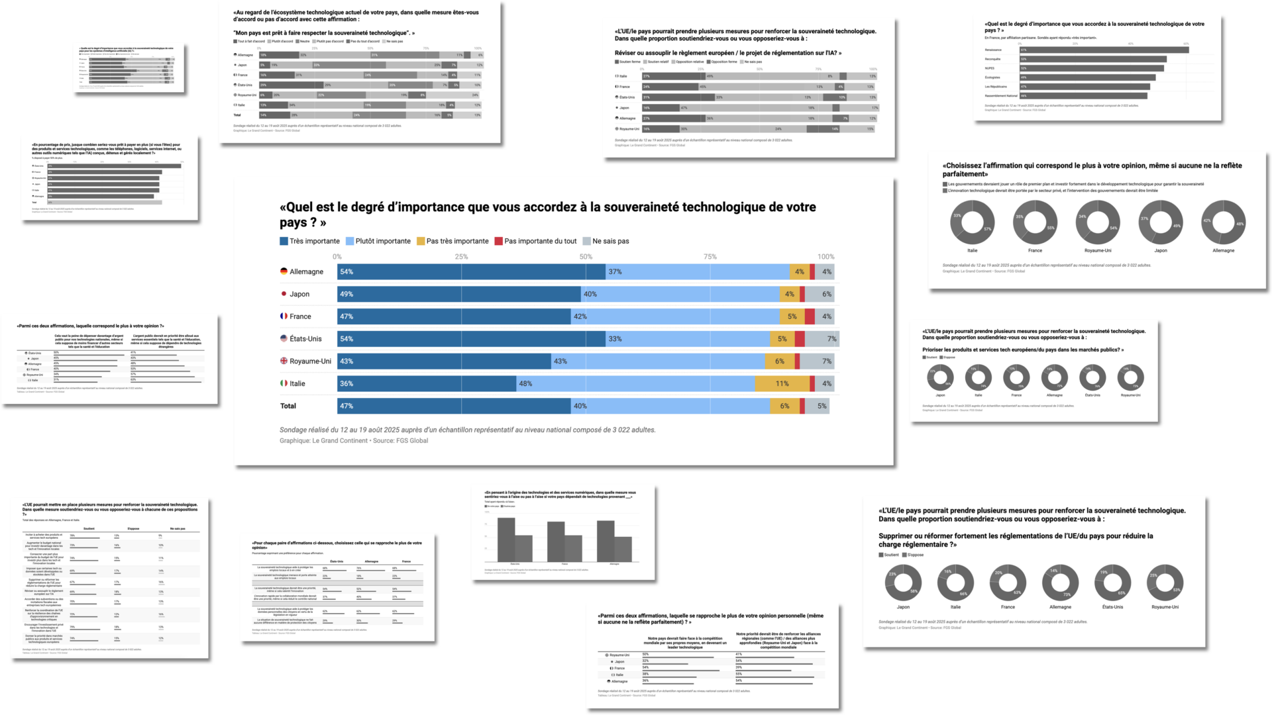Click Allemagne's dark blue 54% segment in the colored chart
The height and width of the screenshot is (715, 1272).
[x=471, y=271]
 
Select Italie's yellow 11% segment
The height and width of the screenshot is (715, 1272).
[x=782, y=383]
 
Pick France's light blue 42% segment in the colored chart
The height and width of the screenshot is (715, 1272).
[x=675, y=316]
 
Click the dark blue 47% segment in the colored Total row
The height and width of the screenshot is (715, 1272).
[x=454, y=406]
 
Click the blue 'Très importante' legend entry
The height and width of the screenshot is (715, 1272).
[x=310, y=241]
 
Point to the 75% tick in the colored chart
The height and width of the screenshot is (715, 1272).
[x=710, y=257]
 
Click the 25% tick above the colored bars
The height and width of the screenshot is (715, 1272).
[x=461, y=257]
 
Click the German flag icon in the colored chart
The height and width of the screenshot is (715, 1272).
[x=284, y=271]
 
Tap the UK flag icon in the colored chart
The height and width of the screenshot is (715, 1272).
[x=284, y=361]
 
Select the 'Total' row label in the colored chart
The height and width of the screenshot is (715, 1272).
[x=288, y=406]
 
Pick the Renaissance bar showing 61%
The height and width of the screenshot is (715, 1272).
[x=1104, y=50]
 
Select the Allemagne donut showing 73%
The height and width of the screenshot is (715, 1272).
[x=1060, y=583]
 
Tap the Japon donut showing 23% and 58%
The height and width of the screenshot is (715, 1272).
[x=903, y=583]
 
